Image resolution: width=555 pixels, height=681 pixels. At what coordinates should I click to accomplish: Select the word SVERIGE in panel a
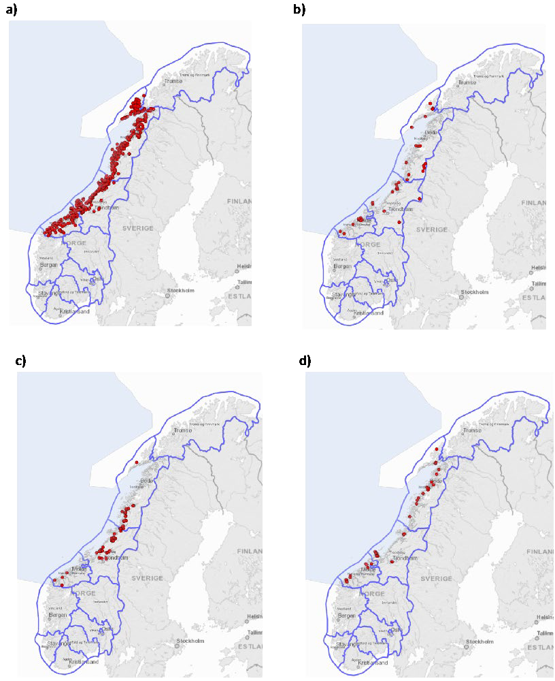tap(138, 227)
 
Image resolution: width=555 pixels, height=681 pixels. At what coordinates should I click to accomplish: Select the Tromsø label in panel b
tap(467, 82)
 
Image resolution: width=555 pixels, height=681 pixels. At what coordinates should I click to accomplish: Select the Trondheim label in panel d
tap(404, 557)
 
